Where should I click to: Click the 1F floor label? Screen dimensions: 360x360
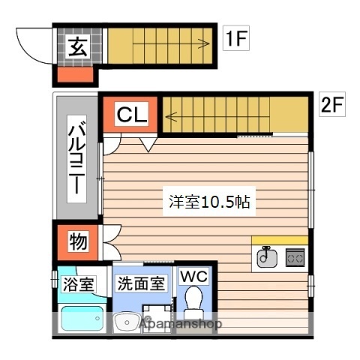point(235,39)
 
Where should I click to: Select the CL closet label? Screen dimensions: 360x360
point(131,115)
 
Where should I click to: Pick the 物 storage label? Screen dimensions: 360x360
point(77,241)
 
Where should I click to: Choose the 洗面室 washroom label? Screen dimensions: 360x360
point(140,284)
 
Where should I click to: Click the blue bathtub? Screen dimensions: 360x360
point(81,321)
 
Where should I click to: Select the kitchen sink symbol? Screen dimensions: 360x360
point(265,257)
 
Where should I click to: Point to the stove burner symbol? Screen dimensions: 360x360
point(295,258)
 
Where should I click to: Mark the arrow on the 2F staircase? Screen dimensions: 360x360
point(171,115)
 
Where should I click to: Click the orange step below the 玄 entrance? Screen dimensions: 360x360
point(76,74)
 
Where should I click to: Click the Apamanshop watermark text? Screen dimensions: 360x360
point(180,325)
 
